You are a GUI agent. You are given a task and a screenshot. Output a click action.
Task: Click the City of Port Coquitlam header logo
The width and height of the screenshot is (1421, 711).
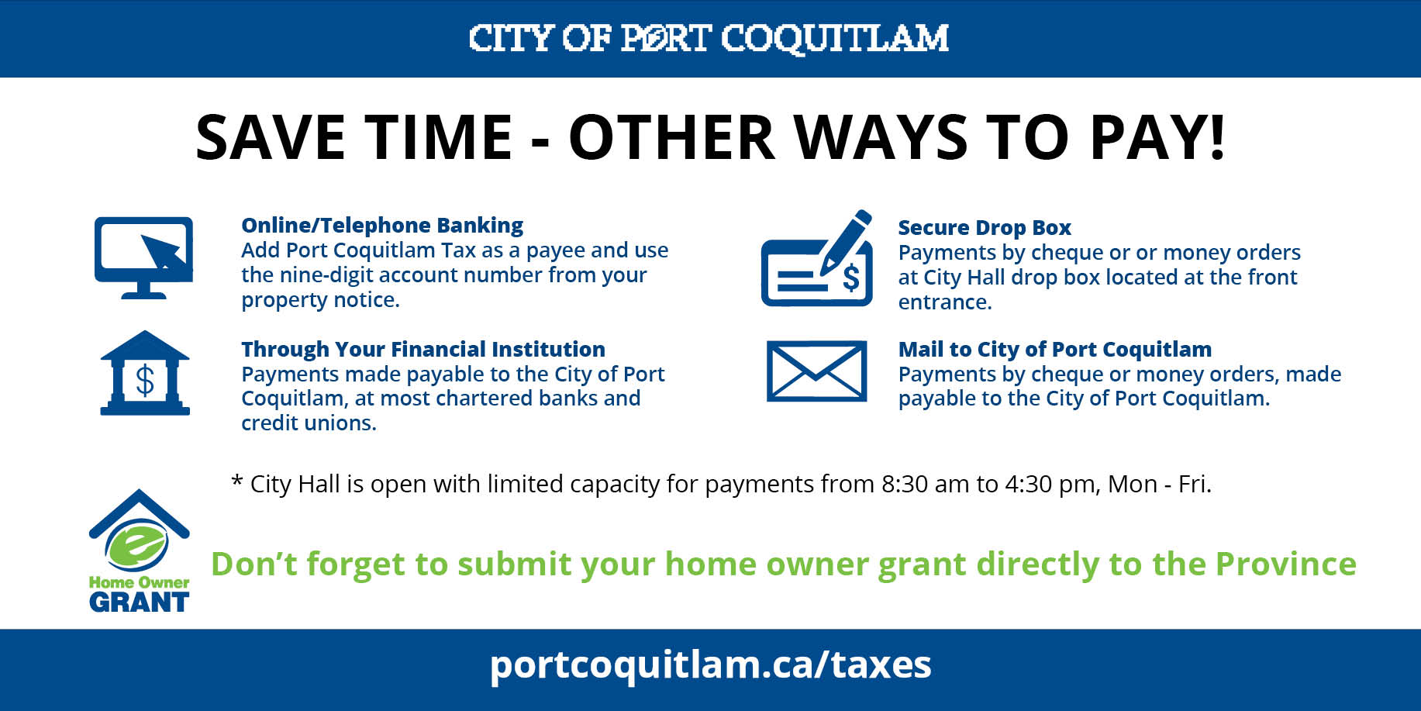pos(709,38)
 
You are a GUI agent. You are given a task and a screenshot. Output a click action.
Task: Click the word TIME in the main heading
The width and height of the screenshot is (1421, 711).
pos(439,137)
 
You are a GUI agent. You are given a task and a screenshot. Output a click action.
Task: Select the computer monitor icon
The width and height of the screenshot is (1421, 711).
pos(143,257)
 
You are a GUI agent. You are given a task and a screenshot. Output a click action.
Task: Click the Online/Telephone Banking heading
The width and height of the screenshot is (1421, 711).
pos(382,226)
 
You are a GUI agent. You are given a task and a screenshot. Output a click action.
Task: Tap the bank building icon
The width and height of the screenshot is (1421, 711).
pos(145,374)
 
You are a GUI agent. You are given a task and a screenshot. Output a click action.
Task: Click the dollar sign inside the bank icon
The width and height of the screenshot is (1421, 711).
pos(145,381)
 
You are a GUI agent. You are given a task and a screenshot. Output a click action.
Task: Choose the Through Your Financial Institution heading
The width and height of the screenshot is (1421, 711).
pos(423,350)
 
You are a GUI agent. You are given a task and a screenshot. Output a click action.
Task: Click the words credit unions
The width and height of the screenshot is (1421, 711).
pos(309,423)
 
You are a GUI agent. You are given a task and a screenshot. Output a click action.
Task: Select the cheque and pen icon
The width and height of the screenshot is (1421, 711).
pos(817,259)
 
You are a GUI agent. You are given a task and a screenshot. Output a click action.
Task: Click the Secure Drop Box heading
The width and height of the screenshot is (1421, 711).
pos(984,228)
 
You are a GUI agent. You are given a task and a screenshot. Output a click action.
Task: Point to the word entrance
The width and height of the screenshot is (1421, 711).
pos(944,302)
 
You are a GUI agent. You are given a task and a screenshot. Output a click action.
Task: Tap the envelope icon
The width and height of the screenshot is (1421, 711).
pos(816,371)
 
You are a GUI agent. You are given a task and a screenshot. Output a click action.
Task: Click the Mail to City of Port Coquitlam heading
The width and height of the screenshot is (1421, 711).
pos(1054,350)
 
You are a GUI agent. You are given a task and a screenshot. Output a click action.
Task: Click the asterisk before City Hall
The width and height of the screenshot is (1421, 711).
pos(237,481)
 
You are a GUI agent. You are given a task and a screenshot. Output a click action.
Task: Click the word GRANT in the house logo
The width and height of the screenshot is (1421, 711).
pos(139,602)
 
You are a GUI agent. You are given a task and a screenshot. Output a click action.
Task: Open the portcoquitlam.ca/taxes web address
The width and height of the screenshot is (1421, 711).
pos(710,665)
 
